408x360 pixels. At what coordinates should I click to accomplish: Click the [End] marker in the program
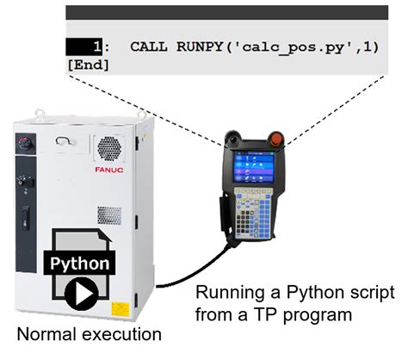pos(87,65)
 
